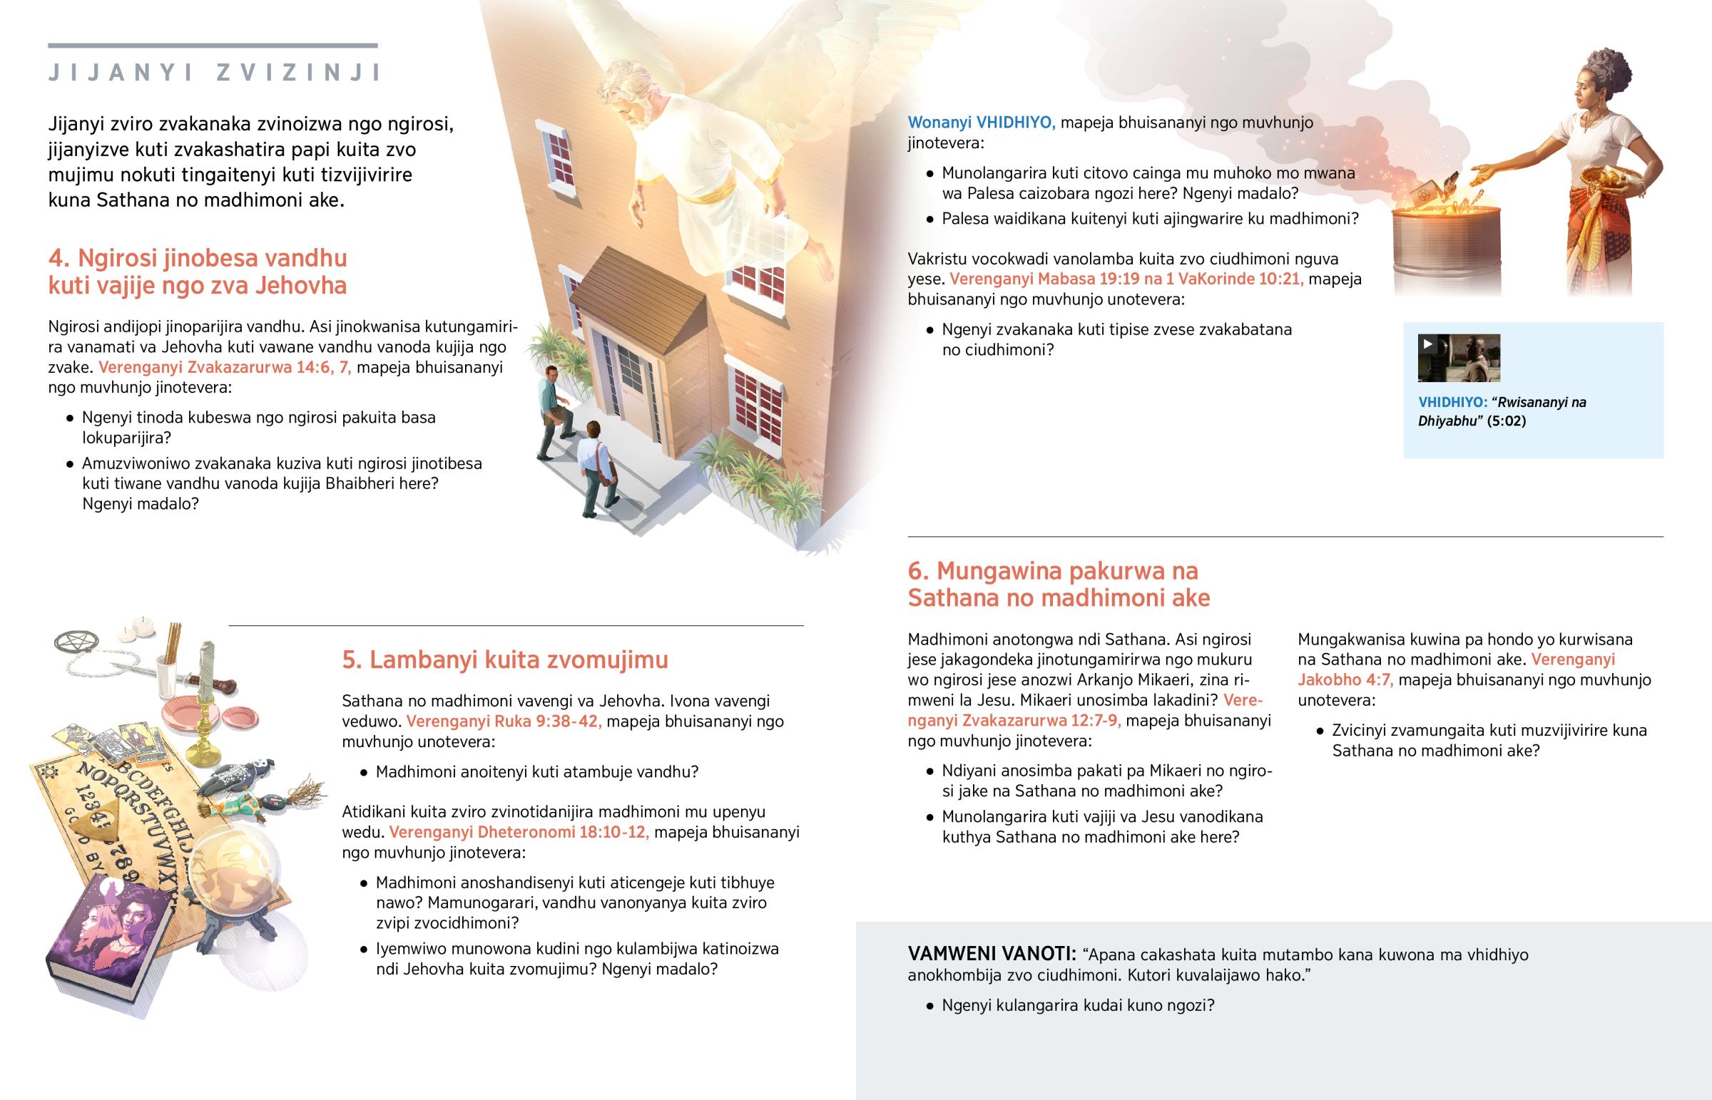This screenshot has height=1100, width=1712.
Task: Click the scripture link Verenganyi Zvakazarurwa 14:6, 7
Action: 225,368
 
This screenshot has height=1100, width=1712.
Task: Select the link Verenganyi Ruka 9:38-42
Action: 504,721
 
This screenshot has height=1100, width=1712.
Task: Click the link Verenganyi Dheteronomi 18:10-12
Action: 519,832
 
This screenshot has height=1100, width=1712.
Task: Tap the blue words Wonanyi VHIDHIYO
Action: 981,123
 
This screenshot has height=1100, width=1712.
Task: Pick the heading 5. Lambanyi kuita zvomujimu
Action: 504,659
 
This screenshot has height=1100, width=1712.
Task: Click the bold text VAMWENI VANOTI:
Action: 992,955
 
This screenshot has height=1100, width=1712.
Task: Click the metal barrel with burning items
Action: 1446,243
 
